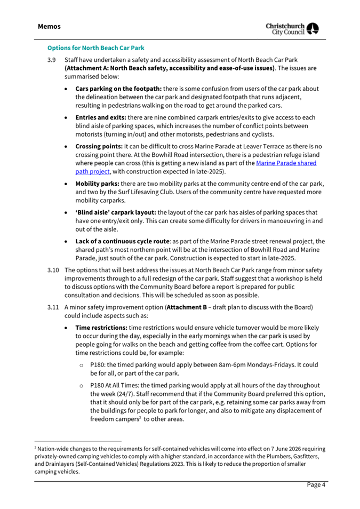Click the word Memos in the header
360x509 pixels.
click(x=49, y=26)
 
